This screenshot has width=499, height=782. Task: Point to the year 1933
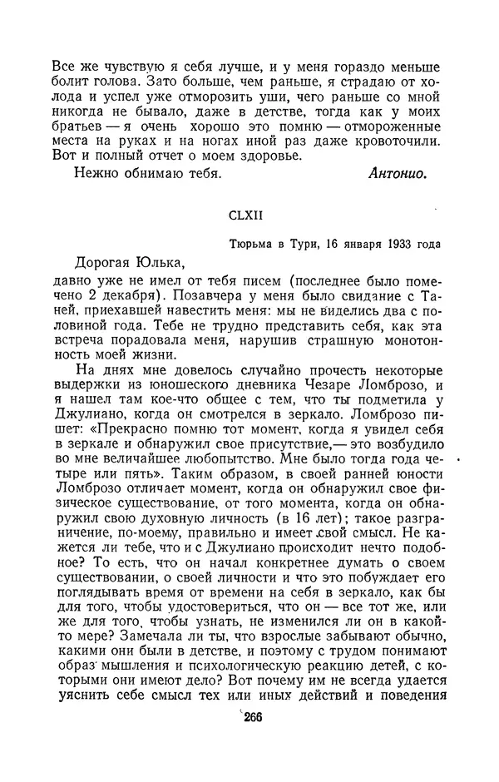click(x=388, y=243)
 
